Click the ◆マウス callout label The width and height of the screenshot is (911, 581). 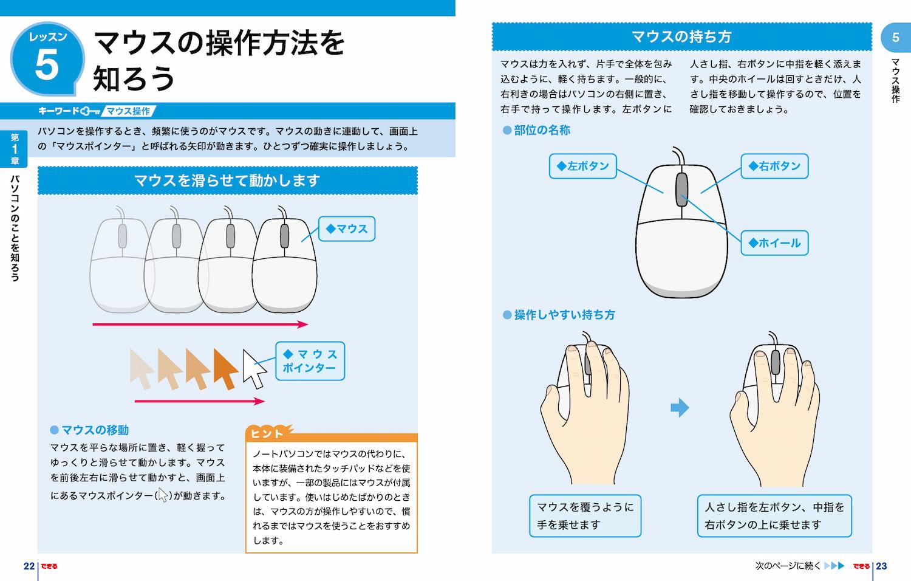point(347,229)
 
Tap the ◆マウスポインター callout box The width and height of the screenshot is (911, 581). point(310,361)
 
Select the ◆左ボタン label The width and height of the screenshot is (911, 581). point(582,166)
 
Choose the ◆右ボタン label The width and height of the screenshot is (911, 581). point(774,166)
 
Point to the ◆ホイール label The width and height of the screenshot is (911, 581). point(774,243)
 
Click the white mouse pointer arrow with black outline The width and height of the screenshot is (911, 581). point(253,368)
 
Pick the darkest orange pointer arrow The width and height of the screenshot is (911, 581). point(225,368)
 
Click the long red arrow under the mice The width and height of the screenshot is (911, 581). point(200,325)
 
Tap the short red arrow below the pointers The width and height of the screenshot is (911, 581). point(199,401)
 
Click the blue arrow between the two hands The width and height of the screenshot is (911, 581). point(680,408)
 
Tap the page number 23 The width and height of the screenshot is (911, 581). point(881,566)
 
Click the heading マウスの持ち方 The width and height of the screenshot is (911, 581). point(681,37)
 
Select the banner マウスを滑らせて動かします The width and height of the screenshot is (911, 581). point(227,180)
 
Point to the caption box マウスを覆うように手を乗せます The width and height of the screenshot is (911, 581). point(585,515)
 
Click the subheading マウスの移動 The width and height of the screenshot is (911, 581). point(95,430)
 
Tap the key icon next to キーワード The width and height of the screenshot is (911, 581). point(90,111)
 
